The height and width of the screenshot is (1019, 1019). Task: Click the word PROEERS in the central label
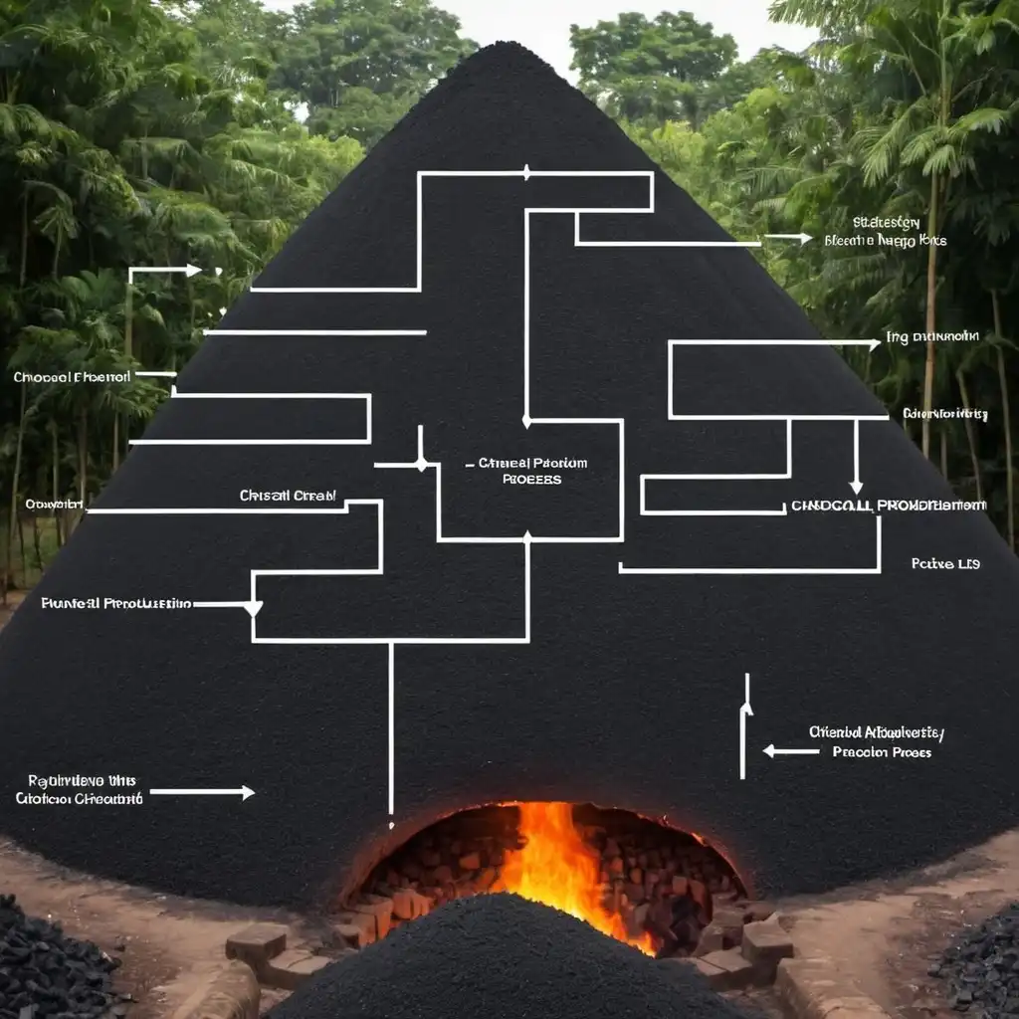coord(531,480)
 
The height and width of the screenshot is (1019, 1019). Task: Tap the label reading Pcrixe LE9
coord(945,564)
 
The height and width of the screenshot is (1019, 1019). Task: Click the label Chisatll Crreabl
coord(288,496)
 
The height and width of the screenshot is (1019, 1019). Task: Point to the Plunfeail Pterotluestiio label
coord(116,603)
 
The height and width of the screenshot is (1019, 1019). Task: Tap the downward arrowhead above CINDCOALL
coord(856,488)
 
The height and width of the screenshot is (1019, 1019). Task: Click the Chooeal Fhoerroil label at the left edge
coord(72,378)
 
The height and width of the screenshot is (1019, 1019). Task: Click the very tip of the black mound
coord(507,44)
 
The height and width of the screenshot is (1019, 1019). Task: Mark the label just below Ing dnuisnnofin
coord(944,413)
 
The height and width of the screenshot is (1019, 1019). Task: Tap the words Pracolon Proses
coord(882,752)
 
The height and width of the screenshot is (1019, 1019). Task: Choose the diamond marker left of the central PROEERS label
coord(421,464)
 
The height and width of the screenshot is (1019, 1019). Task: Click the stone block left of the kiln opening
coord(257,942)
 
